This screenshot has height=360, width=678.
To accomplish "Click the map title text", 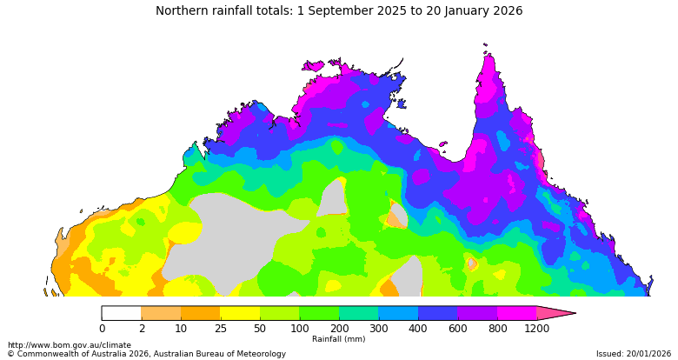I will coord(339,11).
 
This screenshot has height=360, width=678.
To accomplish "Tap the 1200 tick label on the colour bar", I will coord(536,329).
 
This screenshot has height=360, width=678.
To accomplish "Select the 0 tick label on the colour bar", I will coord(102,329).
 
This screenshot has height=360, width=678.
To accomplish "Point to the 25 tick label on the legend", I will coord(220,329).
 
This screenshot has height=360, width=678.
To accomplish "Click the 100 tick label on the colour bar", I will coord(299,329).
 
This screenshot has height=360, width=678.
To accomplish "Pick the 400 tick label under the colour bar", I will coord(417,329).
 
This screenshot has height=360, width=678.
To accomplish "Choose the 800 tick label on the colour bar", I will coord(496,329).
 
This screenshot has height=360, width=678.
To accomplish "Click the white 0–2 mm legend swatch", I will coord(122,313).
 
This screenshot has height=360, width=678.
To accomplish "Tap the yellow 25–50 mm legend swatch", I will coord(240,313).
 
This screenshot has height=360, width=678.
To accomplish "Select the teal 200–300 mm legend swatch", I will coord(358,313).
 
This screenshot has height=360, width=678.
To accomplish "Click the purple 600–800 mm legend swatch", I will coord(476,313).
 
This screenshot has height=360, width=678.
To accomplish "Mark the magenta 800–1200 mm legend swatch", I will coord(516,313).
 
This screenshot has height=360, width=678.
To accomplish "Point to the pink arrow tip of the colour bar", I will coord(561,313).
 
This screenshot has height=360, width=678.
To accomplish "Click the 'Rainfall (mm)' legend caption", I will coord(338,339).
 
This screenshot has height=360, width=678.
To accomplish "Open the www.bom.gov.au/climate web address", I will coord(70,345).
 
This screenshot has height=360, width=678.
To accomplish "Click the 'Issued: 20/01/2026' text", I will coord(634,354).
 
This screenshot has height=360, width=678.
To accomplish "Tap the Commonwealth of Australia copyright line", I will coord(146,354).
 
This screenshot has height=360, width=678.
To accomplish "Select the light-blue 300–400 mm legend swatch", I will coord(397,313).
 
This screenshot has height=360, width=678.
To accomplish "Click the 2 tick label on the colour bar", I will coord(141,329).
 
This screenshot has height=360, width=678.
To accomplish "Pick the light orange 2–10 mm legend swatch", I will coord(161,313).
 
